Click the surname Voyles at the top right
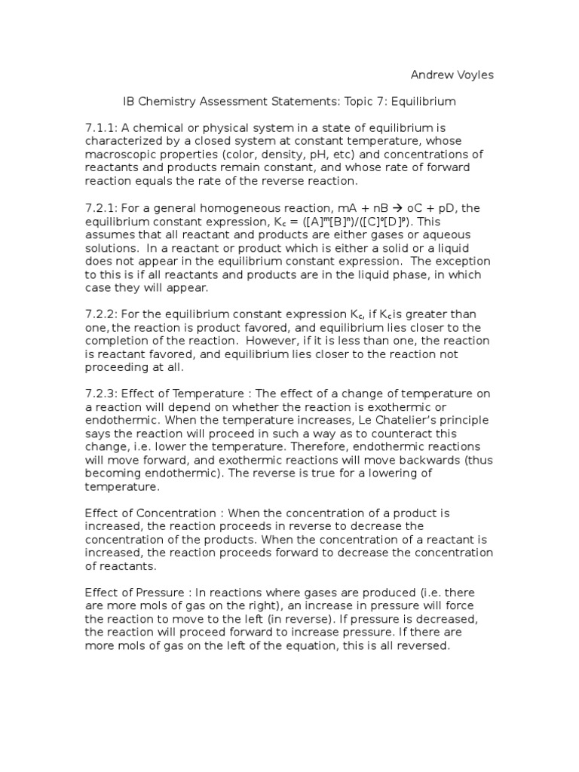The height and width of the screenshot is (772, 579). point(473,75)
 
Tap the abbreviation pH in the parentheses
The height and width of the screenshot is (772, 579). point(304,155)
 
